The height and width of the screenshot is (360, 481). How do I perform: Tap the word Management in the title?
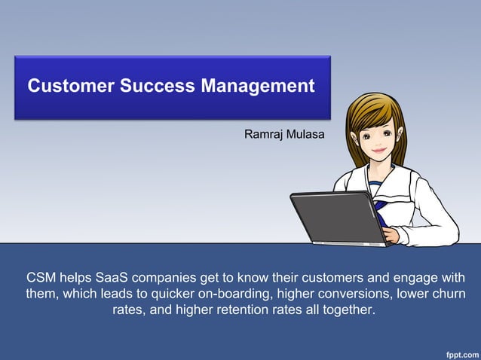pyautogui.click(x=258, y=86)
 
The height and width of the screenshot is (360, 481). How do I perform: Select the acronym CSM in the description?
pyautogui.click(x=41, y=277)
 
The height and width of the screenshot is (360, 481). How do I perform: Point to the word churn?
pyautogui.click(x=448, y=294)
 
